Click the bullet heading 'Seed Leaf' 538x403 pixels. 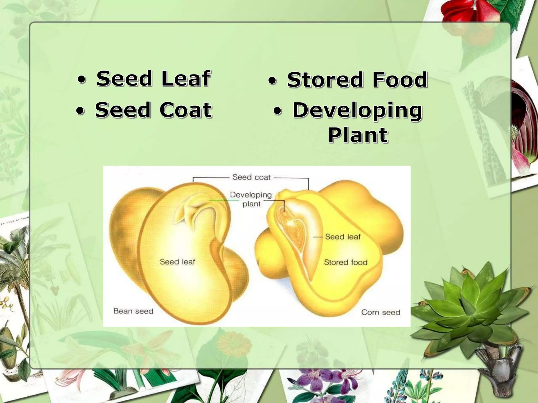pyautogui.click(x=153, y=78)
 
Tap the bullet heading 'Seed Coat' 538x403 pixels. pyautogui.click(x=153, y=110)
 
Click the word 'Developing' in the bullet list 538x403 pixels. pyautogui.click(x=357, y=110)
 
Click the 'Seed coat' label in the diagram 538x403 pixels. pyautogui.click(x=251, y=177)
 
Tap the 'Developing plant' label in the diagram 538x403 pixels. pyautogui.click(x=251, y=199)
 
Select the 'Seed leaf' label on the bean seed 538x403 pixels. pyautogui.click(x=177, y=262)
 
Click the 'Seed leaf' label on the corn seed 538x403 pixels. pyautogui.click(x=343, y=237)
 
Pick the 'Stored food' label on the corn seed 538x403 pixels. pyautogui.click(x=345, y=262)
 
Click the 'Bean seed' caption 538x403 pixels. pyautogui.click(x=133, y=311)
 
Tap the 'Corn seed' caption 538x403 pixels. pyautogui.click(x=381, y=312)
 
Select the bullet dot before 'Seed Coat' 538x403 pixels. pyautogui.click(x=80, y=111)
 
